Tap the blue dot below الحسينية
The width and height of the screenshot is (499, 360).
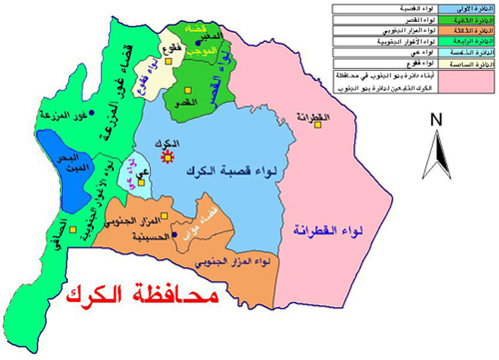(174, 235)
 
